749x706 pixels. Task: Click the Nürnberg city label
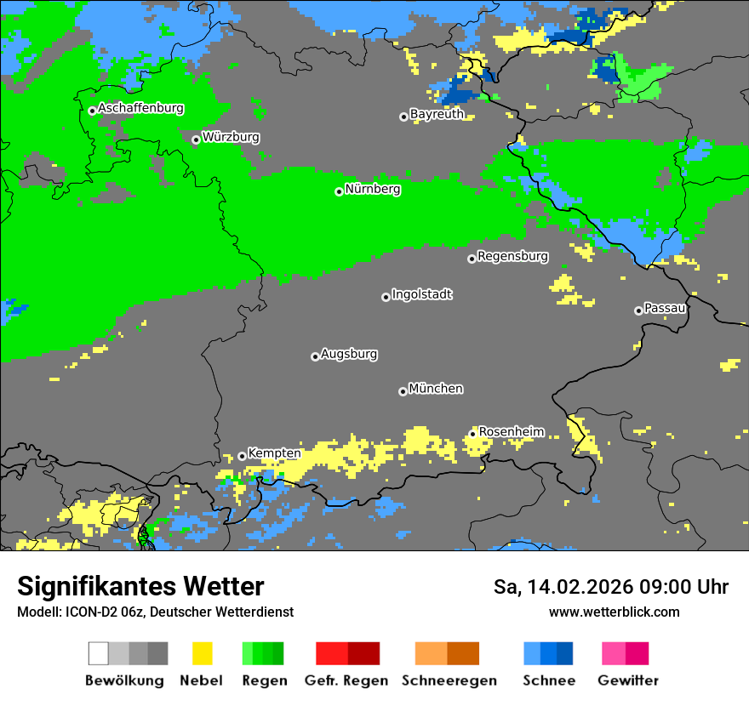(373, 190)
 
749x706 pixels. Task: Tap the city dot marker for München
(403, 391)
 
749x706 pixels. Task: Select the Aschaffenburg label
(140, 109)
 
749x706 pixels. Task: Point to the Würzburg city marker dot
(196, 139)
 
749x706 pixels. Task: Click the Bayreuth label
(437, 114)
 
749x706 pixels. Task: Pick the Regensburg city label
(512, 256)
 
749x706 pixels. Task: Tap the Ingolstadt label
(421, 295)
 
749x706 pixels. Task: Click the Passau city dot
(638, 310)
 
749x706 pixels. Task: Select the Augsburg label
(349, 354)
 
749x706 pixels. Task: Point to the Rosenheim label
(511, 432)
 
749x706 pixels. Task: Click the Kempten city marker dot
(242, 456)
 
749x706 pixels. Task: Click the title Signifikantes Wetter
(140, 586)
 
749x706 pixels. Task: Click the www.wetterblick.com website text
(614, 612)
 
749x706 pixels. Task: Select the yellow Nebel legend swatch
(202, 653)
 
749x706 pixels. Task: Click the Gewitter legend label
(627, 680)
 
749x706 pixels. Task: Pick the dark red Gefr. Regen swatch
(363, 653)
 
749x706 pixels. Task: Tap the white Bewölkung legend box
(98, 653)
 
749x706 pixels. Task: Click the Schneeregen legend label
(449, 680)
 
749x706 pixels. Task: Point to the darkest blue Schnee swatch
(565, 653)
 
